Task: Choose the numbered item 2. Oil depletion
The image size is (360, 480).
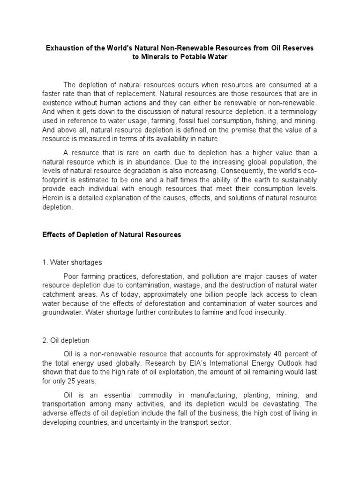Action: (66, 341)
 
